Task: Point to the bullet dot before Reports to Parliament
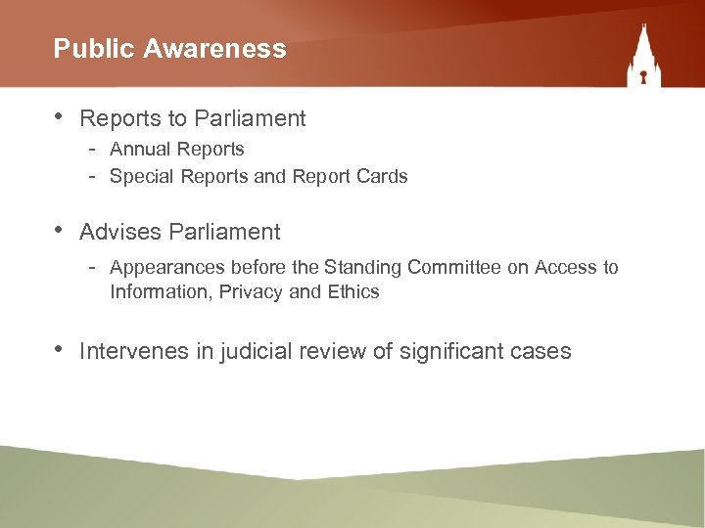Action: click(60, 116)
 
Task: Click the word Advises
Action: click(120, 232)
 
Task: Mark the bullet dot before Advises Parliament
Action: click(60, 230)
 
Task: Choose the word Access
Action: click(567, 267)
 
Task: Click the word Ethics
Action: click(353, 291)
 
